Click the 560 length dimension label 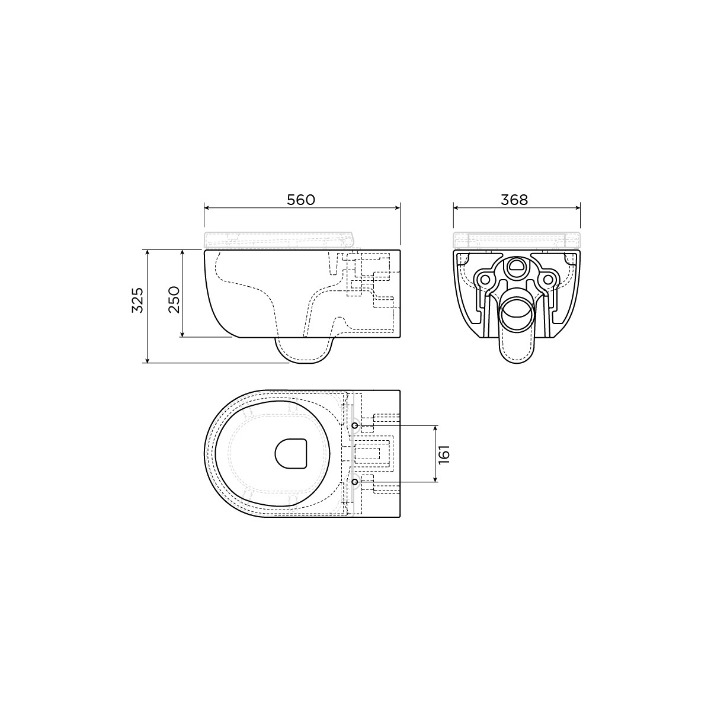[301, 200]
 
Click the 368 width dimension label [514, 200]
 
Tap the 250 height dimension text [174, 300]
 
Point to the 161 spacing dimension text [444, 454]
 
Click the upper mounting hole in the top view [355, 426]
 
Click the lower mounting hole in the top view [355, 482]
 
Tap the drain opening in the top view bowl [291, 453]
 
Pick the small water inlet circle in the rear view [517, 267]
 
